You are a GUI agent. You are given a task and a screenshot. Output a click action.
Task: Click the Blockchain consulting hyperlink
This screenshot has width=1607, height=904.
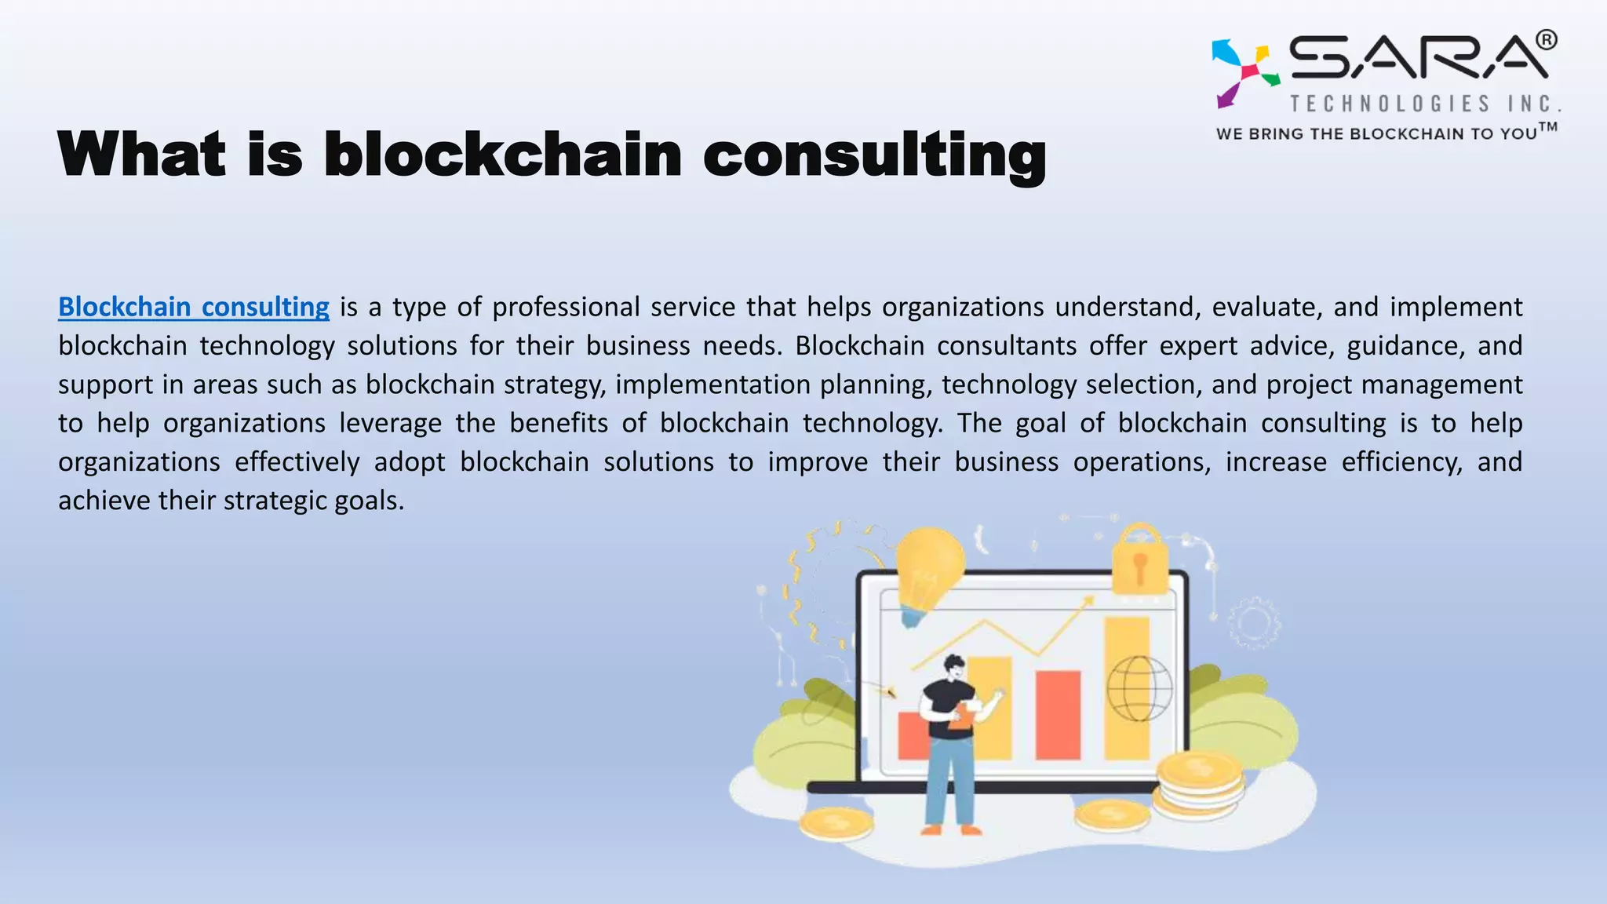194,307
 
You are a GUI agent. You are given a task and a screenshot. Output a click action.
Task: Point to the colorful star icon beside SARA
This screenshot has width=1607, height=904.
1244,71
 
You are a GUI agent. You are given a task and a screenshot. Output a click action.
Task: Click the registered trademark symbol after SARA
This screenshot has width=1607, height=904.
1546,39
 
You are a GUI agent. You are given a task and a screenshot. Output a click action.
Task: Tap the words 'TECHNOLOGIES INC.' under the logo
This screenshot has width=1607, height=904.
1425,104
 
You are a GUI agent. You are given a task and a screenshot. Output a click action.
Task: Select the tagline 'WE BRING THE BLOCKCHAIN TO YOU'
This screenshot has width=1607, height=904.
1376,134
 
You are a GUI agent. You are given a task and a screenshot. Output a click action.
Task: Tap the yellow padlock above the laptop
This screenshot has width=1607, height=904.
1139,560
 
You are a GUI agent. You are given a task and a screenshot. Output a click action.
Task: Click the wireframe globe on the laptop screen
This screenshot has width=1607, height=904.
1139,688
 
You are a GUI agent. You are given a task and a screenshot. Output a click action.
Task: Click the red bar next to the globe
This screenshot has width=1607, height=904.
1058,714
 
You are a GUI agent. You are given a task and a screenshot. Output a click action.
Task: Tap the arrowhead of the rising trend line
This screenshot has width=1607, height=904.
1088,601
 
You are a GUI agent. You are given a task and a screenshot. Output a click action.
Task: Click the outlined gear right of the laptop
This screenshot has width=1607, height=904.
1253,623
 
